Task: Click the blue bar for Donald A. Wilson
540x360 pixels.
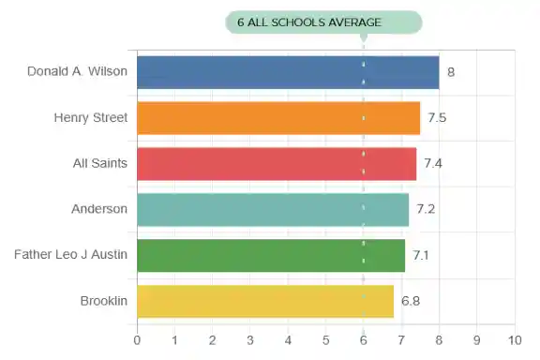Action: (x=288, y=72)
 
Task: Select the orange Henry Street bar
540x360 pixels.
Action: (x=278, y=118)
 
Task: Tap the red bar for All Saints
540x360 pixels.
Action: (x=277, y=164)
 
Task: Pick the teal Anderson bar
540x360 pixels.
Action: (x=273, y=209)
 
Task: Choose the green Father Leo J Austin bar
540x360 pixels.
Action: (x=271, y=255)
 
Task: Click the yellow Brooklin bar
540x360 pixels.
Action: (x=265, y=301)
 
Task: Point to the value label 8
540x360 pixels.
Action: (x=451, y=72)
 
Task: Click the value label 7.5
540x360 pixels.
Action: (x=437, y=118)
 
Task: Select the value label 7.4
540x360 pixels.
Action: (x=433, y=164)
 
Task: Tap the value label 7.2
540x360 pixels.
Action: (x=426, y=209)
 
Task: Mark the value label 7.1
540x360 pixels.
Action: (x=421, y=255)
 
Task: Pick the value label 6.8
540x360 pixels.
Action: (x=411, y=301)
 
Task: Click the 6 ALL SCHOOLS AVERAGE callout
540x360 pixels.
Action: (x=323, y=22)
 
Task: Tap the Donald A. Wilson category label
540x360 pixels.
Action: (x=77, y=71)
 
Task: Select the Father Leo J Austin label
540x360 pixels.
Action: (x=70, y=254)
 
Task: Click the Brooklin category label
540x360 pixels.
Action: (x=104, y=300)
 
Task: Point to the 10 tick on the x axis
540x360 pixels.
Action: (x=514, y=339)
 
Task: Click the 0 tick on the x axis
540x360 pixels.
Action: (x=138, y=339)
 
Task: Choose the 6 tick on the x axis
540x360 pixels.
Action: (x=364, y=339)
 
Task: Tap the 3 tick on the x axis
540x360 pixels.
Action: (x=250, y=339)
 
